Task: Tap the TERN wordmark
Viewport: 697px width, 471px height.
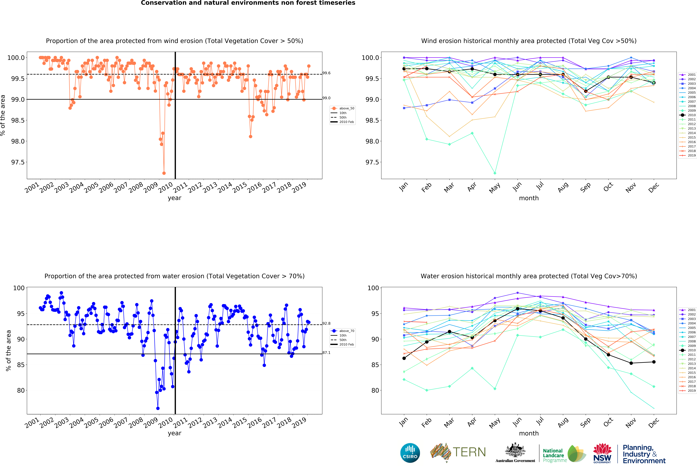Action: click(x=469, y=452)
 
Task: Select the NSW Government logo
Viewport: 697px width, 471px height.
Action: click(x=602, y=453)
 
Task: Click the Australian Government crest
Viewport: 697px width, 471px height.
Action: click(x=515, y=450)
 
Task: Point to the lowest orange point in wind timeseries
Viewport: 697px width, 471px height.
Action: click(x=164, y=173)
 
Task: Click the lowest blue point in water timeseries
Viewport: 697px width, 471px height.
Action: click(x=158, y=408)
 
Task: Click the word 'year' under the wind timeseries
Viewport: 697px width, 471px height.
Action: click(x=175, y=198)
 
